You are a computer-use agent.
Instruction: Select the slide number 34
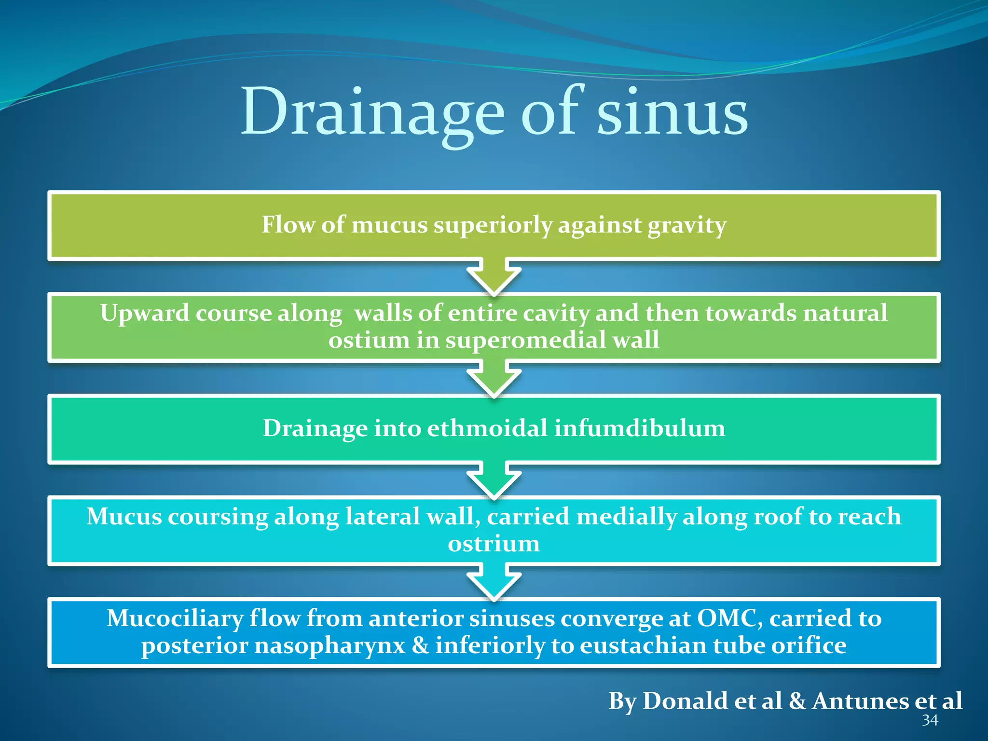[x=930, y=720]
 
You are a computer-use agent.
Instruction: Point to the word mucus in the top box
[x=389, y=225]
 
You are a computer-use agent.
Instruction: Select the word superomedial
[x=526, y=341]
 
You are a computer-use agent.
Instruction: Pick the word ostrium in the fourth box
[x=494, y=544]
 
